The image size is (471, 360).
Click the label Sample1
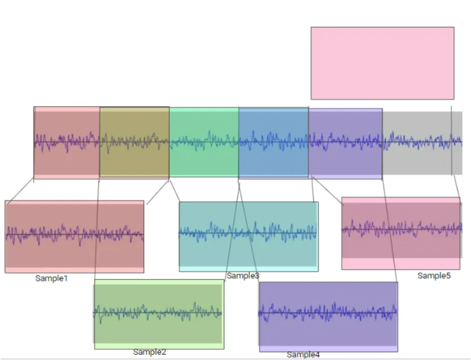pyautogui.click(x=51, y=279)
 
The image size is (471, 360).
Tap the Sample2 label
pyautogui.click(x=149, y=352)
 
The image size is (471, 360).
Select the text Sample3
pyautogui.click(x=243, y=275)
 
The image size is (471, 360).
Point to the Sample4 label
pyautogui.click(x=303, y=355)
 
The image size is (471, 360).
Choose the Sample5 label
pyautogui.click(x=434, y=275)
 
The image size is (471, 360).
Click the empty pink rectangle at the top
pyautogui.click(x=383, y=63)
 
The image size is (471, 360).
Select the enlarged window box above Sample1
pyautogui.click(x=74, y=236)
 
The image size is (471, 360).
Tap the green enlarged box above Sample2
pyautogui.click(x=159, y=315)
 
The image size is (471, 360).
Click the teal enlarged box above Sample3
pyautogui.click(x=249, y=236)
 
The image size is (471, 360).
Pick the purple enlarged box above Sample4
pyautogui.click(x=329, y=317)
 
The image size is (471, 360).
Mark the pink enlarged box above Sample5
pyautogui.click(x=401, y=233)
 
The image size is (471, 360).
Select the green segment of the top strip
pyautogui.click(x=204, y=142)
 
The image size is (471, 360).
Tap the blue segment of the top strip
pyautogui.click(x=274, y=142)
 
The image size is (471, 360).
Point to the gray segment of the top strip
pyautogui.click(x=422, y=143)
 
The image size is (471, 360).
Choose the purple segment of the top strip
pyautogui.click(x=345, y=144)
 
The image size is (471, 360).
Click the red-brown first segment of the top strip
pyautogui.click(x=67, y=143)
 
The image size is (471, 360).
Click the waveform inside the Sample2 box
pyautogui.click(x=158, y=313)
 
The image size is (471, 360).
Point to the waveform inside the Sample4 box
pyautogui.click(x=327, y=312)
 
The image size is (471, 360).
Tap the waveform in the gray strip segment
pyautogui.click(x=422, y=140)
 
